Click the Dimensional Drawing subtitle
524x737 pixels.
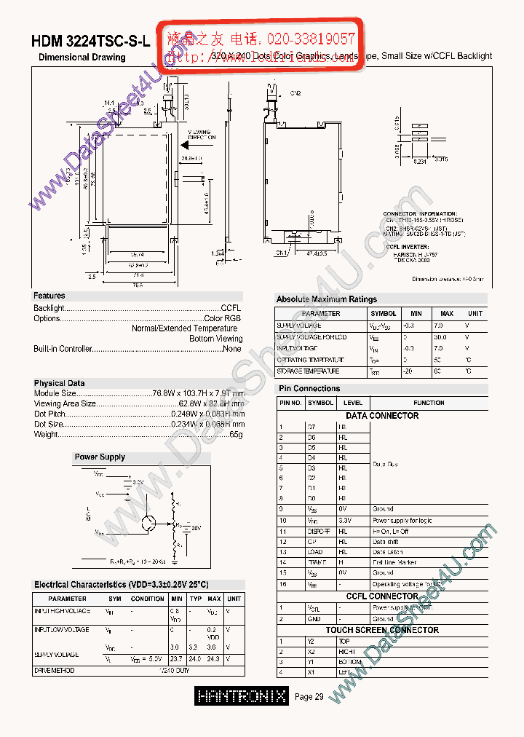(82, 57)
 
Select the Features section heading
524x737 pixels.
(49, 296)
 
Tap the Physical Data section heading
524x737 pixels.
(59, 383)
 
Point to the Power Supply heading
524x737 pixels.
(100, 457)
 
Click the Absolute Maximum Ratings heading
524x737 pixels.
(326, 299)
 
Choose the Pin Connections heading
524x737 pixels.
(309, 389)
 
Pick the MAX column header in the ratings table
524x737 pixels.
(447, 314)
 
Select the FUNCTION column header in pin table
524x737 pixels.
(429, 403)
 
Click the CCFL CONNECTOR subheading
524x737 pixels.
(382, 596)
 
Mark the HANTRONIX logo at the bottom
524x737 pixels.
(242, 696)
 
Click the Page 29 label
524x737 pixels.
(309, 697)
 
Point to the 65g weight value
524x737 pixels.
(236, 435)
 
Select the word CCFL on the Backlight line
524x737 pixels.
(231, 308)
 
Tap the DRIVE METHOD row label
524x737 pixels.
(55, 670)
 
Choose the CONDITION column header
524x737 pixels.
(147, 599)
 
